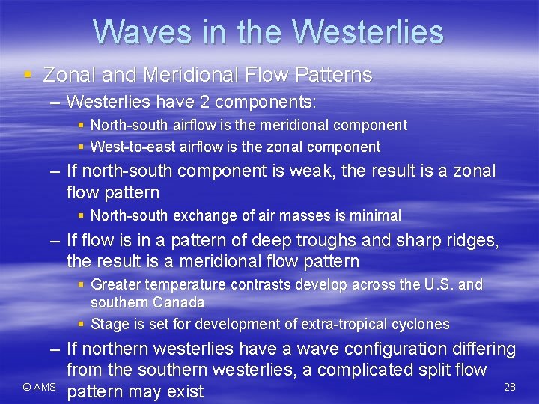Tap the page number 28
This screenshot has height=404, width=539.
point(510,387)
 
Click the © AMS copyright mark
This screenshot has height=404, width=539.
point(38,387)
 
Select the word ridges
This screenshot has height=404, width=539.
point(471,241)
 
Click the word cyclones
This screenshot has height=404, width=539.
point(422,324)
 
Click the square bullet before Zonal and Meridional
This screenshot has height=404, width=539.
point(28,75)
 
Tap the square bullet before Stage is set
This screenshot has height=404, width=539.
point(82,324)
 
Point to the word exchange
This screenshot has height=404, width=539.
point(205,215)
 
